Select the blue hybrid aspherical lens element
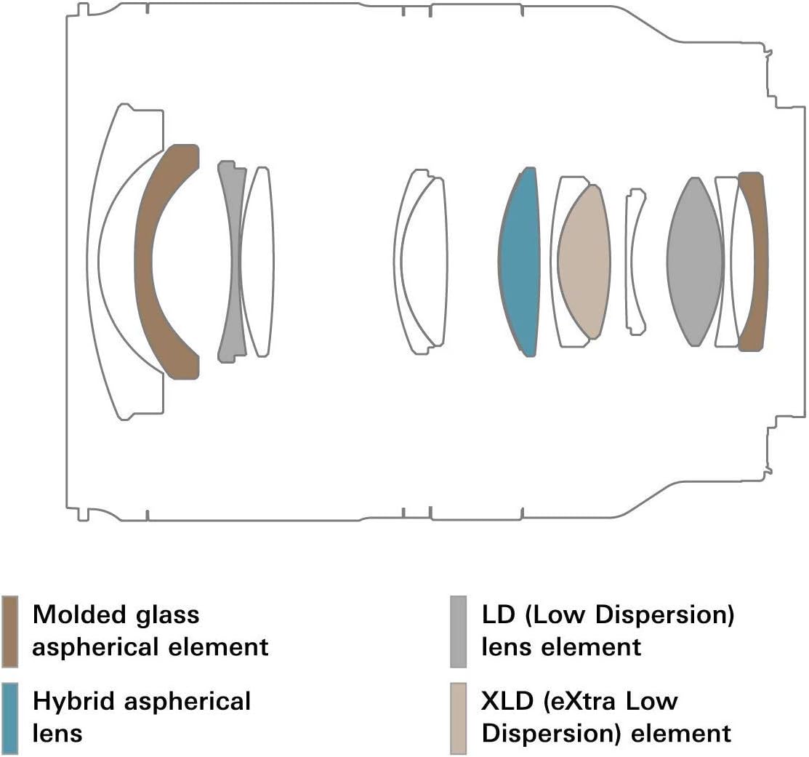tap(520, 262)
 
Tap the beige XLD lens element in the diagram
tap(584, 262)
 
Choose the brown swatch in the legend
tap(10, 631)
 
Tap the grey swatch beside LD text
tap(458, 631)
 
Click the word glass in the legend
tap(166, 615)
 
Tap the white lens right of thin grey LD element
tap(258, 262)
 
